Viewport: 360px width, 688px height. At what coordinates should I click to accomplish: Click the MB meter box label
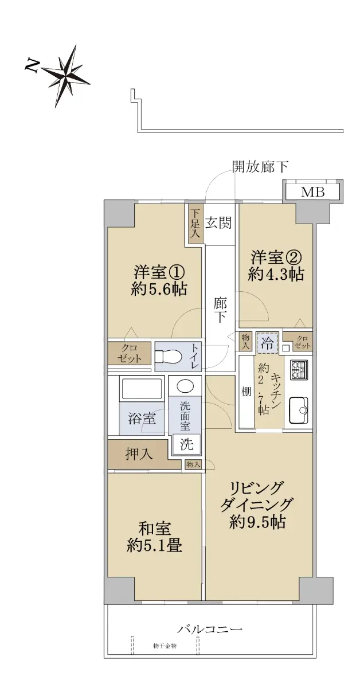pos(312,192)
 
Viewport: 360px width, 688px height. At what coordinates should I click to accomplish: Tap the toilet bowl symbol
pos(169,357)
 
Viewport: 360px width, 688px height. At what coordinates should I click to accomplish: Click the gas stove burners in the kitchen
pos(299,370)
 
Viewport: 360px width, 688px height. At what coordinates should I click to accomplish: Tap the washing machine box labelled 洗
pos(186,444)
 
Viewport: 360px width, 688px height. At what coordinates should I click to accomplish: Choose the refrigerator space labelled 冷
pos(268,342)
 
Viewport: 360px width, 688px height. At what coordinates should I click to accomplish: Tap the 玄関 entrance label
pos(218,222)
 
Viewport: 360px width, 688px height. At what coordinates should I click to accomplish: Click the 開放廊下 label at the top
pos(260,167)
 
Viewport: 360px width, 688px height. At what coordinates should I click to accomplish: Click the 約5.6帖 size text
pos(159,289)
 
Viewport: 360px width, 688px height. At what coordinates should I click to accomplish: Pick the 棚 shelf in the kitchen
pos(246,392)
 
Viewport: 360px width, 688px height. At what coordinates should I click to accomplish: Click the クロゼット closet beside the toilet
pos(130,353)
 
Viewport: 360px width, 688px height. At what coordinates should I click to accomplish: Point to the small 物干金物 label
pos(165,646)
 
